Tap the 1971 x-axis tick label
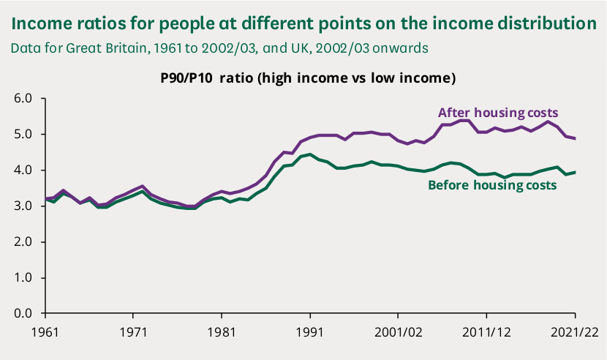[x=132, y=331]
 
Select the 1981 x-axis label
[x=221, y=331]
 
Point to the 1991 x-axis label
[x=309, y=331]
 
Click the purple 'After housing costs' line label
[x=498, y=113]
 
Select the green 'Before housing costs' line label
[x=491, y=185]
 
